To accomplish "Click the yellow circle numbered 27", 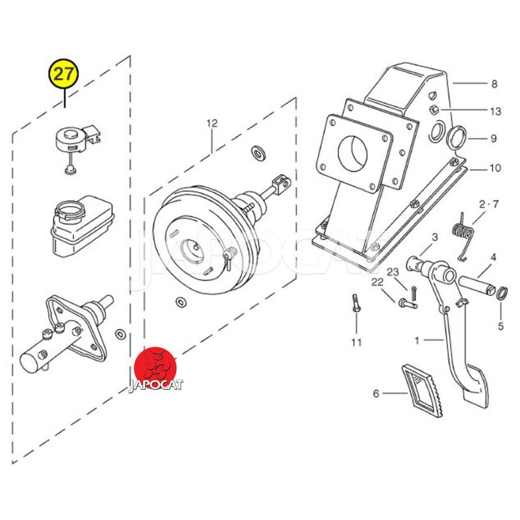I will [64, 74].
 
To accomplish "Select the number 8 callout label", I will [493, 84].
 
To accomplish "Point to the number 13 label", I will [495, 112].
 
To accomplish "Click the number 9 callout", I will [493, 138].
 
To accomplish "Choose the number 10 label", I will [495, 168].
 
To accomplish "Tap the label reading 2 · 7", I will [489, 205].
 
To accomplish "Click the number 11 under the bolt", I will [356, 342].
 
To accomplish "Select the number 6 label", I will [376, 393].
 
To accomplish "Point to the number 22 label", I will [378, 281].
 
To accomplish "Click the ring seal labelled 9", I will [458, 136].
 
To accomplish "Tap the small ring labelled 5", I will [500, 294].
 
